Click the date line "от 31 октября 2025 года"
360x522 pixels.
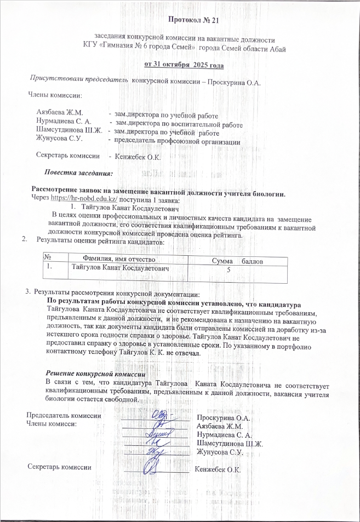click(184, 65)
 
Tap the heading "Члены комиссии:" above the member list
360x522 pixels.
click(55, 96)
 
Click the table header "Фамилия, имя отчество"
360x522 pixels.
click(119, 259)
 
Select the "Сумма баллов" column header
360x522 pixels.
click(230, 261)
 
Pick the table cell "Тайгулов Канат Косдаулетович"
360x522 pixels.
click(121, 268)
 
